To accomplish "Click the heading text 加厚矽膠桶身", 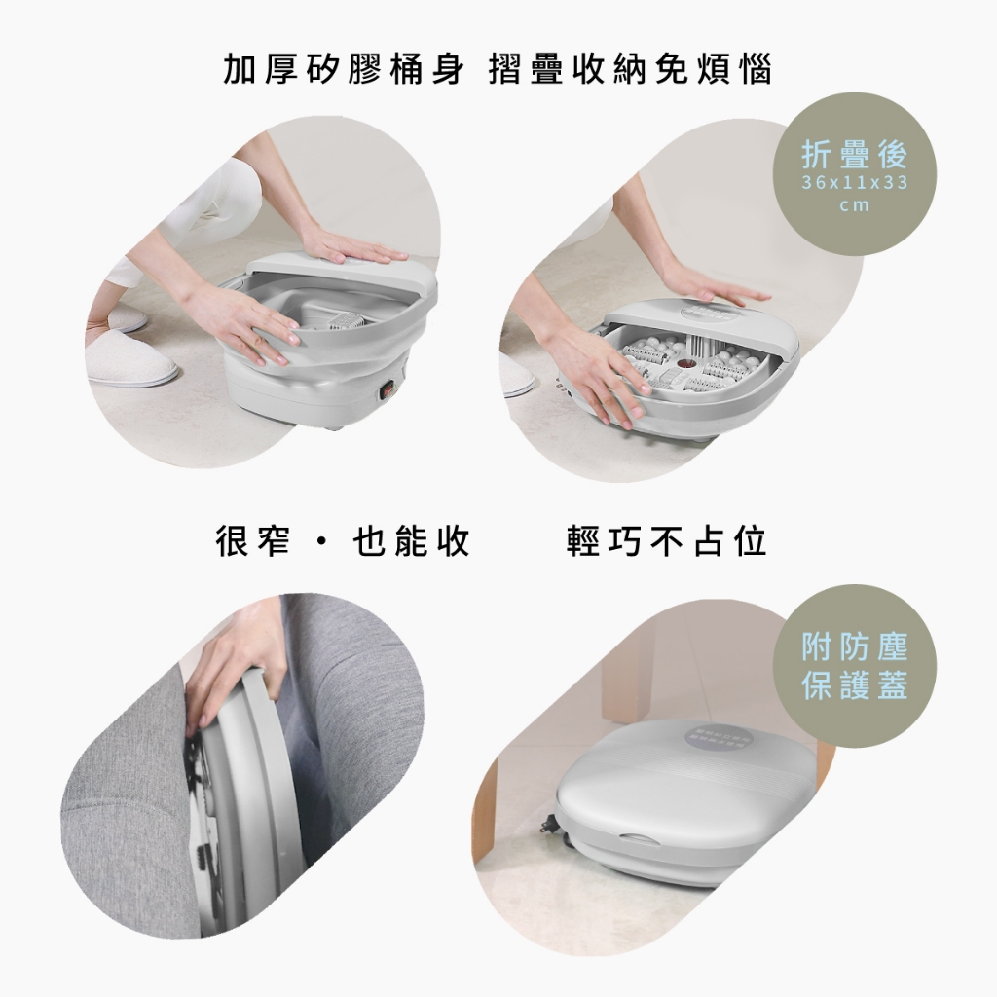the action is (344, 69).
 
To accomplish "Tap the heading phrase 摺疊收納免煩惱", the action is (631, 69).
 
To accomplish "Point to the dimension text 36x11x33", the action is (855, 183).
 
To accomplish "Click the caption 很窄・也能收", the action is (344, 541).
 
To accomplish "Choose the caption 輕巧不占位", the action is (667, 541).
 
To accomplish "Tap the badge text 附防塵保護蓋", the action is (855, 666).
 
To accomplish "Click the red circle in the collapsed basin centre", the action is (686, 365).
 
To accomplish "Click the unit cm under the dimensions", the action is (855, 206).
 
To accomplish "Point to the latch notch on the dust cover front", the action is (643, 840).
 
